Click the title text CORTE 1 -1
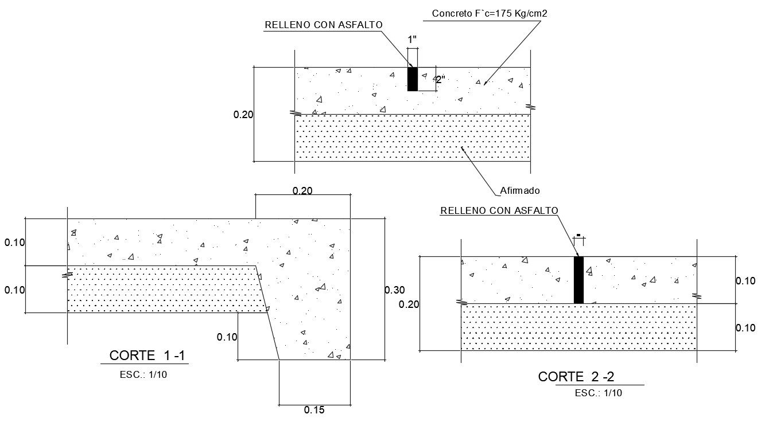pos(147,355)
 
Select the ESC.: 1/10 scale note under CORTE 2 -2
pos(598,393)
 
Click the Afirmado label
pos(520,190)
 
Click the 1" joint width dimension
pos(412,40)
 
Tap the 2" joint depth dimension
pos(440,80)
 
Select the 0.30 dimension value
pos(394,290)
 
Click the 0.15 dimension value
pos(315,410)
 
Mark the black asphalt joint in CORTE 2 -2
pos(578,280)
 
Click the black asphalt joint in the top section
pos(412,79)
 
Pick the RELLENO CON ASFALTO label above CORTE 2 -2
pos(499,210)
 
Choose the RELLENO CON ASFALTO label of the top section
pos(323,25)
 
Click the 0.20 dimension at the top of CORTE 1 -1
pos(302,191)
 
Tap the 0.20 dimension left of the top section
pos(243,115)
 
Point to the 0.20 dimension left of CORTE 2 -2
pos(409,304)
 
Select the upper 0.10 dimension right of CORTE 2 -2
pos(746,281)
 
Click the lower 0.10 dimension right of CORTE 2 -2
pos(746,328)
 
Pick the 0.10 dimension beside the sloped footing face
pos(227,337)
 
